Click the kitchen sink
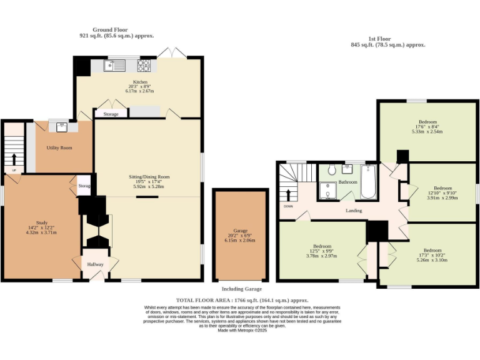tap(116, 64)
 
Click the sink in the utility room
tap(62, 127)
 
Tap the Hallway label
tap(95, 264)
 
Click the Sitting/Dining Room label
tap(147, 177)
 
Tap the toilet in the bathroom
tap(332, 169)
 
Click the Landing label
tap(354, 210)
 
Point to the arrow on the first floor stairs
tap(288, 194)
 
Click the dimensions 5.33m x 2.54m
tap(427, 132)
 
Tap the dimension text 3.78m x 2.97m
tap(321, 256)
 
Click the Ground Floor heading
tap(110, 29)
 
